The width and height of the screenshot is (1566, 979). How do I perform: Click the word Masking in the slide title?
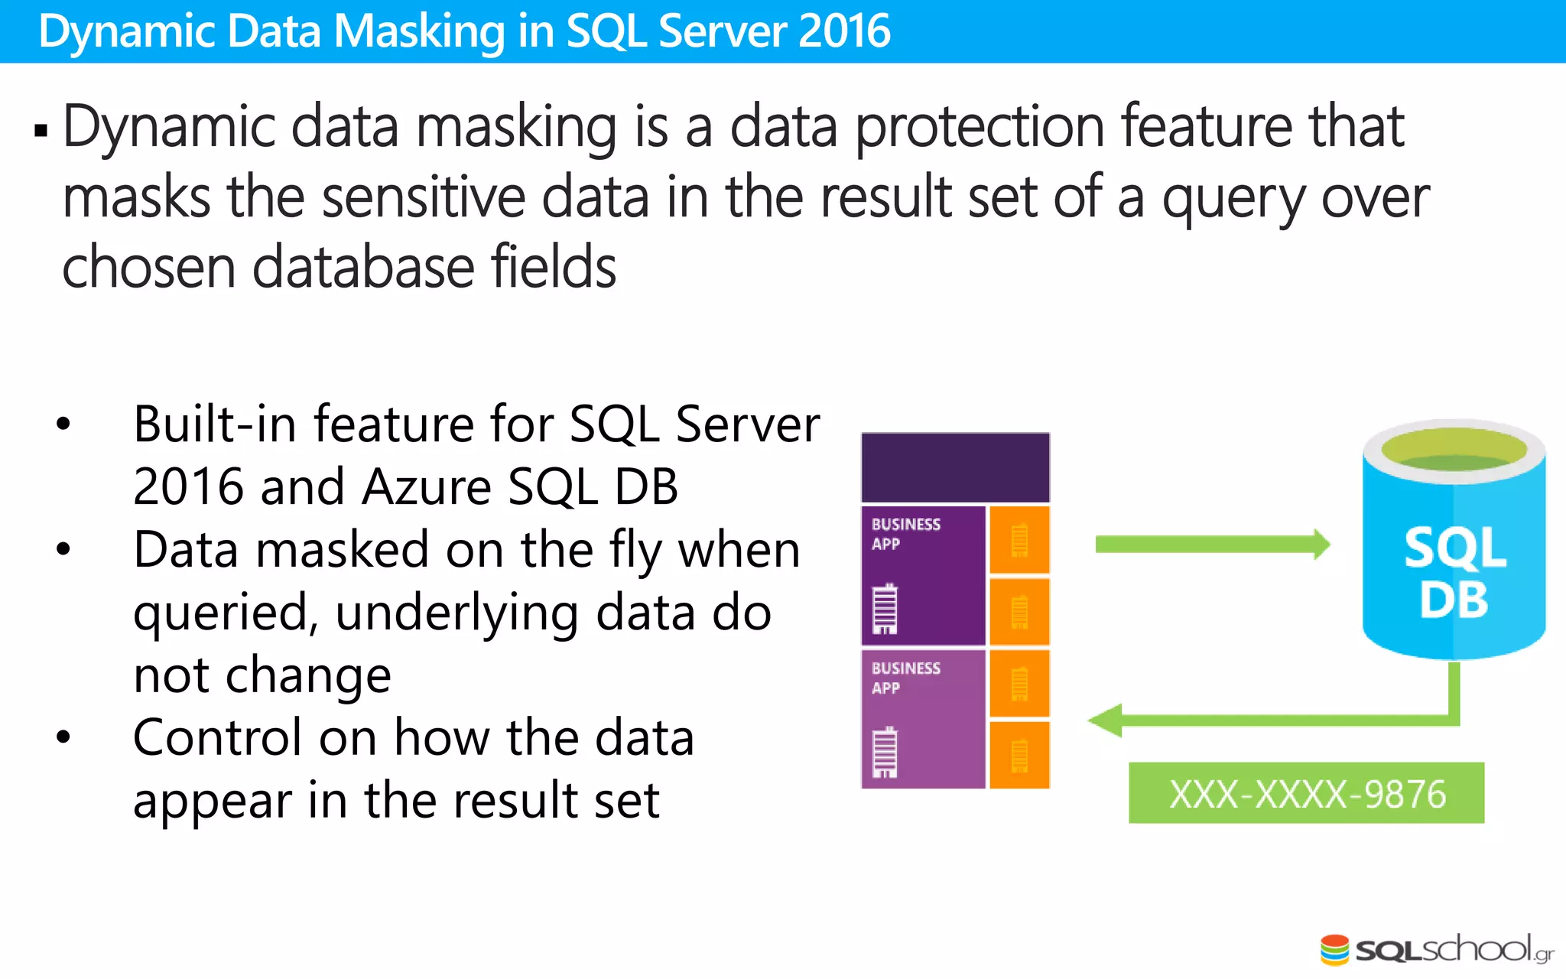point(419,32)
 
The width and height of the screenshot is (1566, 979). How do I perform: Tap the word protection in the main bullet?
point(980,128)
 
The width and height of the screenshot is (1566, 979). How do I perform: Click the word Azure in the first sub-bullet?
point(426,487)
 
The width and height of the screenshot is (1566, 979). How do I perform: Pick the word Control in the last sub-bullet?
point(217,738)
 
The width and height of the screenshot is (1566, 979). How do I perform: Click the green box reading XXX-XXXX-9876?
point(1306,793)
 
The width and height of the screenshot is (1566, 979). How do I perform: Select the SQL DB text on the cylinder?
point(1454,573)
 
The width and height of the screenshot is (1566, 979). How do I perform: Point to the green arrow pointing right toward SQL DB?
point(1212,545)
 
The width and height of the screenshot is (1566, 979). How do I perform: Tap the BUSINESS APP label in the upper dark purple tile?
point(905,534)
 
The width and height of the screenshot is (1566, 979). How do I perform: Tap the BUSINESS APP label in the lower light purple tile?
point(905,678)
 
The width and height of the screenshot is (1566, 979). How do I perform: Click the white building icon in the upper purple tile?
point(885,609)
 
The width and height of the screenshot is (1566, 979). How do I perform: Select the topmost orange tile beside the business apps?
point(1019,539)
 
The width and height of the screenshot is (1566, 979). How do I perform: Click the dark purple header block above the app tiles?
point(955,467)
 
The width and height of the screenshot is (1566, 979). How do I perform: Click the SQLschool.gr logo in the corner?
point(1436,950)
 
